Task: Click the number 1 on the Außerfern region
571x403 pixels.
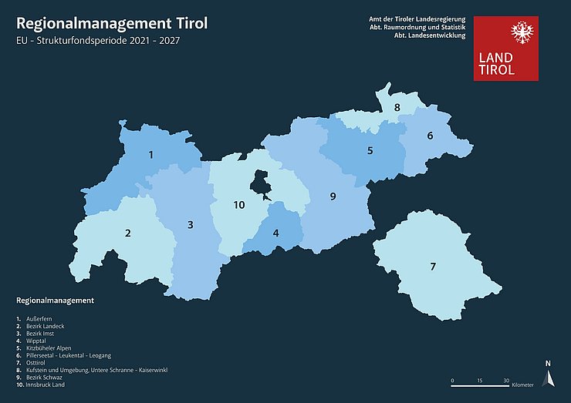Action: [x=151, y=155]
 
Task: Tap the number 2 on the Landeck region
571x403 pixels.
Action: [x=128, y=233]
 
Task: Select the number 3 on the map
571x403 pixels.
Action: [x=190, y=225]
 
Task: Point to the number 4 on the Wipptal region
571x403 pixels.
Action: [x=275, y=233]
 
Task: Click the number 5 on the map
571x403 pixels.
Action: [x=370, y=151]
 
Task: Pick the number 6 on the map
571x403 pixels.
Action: [x=430, y=136]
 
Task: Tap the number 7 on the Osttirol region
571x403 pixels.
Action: [x=433, y=267]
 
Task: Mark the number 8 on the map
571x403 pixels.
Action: [x=397, y=108]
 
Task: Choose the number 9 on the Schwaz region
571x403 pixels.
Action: [x=333, y=196]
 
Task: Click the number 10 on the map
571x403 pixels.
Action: [x=239, y=205]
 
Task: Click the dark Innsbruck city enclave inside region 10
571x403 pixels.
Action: [x=261, y=186]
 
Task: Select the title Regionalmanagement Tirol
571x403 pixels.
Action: [x=112, y=23]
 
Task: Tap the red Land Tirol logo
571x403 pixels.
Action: [x=505, y=48]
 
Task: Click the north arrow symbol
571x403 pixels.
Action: [x=548, y=377]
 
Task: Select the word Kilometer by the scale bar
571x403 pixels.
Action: [x=522, y=385]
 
